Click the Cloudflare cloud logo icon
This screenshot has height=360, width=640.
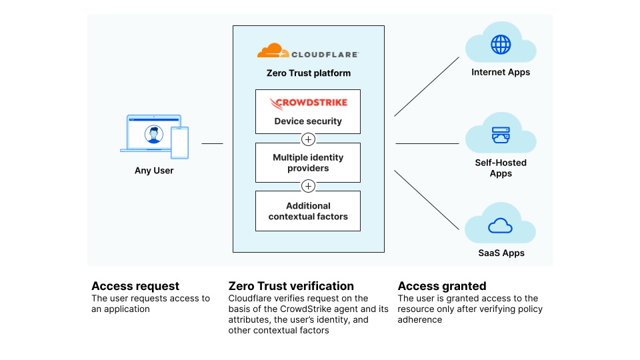pyautogui.click(x=270, y=51)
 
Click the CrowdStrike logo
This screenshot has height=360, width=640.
pyautogui.click(x=308, y=104)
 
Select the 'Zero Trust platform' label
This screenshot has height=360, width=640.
pyautogui.click(x=308, y=73)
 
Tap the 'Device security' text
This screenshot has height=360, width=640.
pyautogui.click(x=308, y=121)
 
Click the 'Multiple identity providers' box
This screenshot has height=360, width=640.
pyautogui.click(x=308, y=163)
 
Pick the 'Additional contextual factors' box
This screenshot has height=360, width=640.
pyautogui.click(x=308, y=211)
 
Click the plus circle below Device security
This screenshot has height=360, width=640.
pyautogui.click(x=308, y=139)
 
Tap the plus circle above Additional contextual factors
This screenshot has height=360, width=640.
pyautogui.click(x=308, y=186)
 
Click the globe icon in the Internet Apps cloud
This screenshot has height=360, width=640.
pyautogui.click(x=501, y=45)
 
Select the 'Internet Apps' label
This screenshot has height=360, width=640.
pyautogui.click(x=501, y=72)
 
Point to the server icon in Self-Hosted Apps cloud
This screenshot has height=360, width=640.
pyautogui.click(x=501, y=135)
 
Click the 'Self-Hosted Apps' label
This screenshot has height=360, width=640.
pyautogui.click(x=501, y=168)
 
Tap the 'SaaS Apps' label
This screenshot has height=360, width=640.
pyautogui.click(x=501, y=253)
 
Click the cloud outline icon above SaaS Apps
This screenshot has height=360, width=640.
pyautogui.click(x=501, y=225)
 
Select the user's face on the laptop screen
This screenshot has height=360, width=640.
pyautogui.click(x=154, y=135)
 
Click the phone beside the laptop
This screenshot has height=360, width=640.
pyautogui.click(x=179, y=143)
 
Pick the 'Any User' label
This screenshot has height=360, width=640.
pyautogui.click(x=154, y=171)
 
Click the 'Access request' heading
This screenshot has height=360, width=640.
pyautogui.click(x=135, y=286)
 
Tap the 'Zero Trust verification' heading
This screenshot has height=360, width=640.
pyautogui.click(x=291, y=286)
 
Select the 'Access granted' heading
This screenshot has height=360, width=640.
pyautogui.click(x=442, y=286)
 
